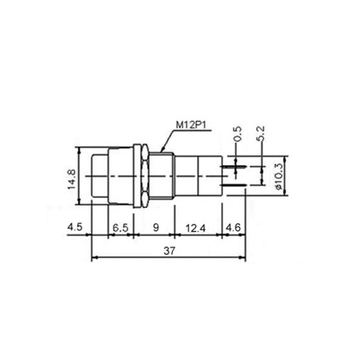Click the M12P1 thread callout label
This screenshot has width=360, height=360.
(x=191, y=125)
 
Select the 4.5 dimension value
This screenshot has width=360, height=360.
(x=74, y=227)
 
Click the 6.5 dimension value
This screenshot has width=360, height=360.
(x=121, y=228)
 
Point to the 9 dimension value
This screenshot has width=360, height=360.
(x=156, y=227)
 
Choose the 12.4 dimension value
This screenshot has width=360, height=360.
(x=196, y=229)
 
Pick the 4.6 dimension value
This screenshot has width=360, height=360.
(x=233, y=228)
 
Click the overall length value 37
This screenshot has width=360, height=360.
(x=169, y=251)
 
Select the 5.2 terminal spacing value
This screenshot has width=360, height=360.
(x=261, y=133)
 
